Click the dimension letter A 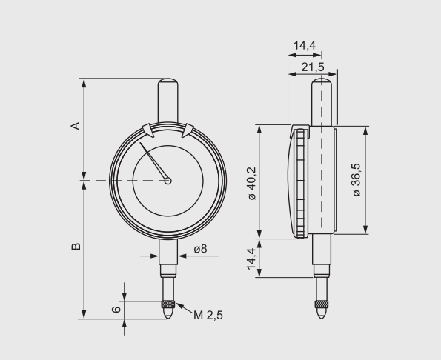[74, 127]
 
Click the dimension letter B [74, 246]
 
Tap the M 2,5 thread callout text [208, 315]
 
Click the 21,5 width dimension [313, 67]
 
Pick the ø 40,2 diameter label [251, 182]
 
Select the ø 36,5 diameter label [357, 180]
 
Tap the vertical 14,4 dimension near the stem [251, 259]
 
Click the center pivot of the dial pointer [169, 179]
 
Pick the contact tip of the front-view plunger [169, 314]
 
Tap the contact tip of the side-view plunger [321, 315]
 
